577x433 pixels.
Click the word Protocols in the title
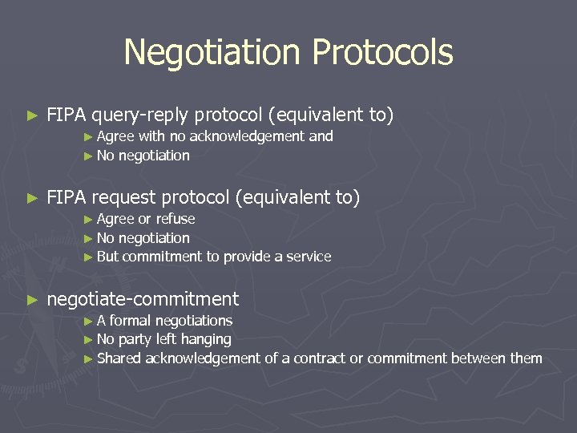(382, 53)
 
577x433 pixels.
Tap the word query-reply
(140, 116)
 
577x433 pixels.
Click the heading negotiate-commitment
(143, 300)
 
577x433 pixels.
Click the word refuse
(175, 219)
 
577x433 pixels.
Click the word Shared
(119, 358)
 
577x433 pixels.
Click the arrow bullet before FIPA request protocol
(32, 198)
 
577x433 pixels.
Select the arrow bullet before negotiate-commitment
(32, 301)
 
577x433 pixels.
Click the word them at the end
(527, 358)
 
